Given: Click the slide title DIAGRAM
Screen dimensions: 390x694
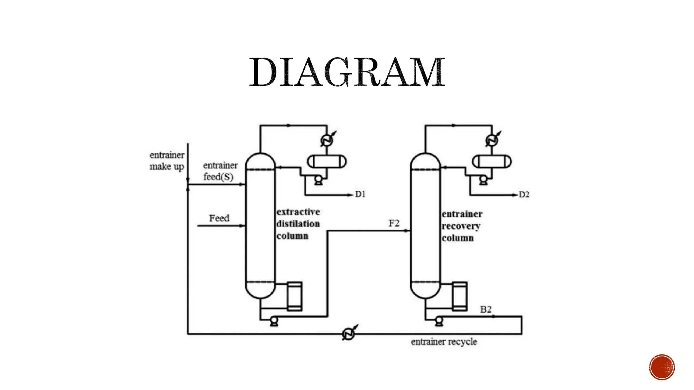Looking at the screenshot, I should tap(347, 72).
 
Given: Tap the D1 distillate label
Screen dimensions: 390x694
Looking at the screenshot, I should tap(360, 194).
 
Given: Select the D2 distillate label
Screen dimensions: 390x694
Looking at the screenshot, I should tap(524, 195).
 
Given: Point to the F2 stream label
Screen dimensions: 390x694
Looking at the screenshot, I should tap(394, 223).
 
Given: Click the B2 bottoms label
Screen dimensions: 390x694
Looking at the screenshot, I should tap(486, 309).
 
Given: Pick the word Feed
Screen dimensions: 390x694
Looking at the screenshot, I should tap(219, 218).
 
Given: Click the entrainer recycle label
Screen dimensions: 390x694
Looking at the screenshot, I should tap(444, 342).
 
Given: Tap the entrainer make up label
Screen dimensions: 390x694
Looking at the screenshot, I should tap(167, 161).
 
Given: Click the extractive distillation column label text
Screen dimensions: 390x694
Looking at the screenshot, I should tap(298, 224).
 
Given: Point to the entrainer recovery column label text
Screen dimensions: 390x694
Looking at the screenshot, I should tap(462, 226).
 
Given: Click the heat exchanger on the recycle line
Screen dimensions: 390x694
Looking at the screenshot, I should tap(348, 334).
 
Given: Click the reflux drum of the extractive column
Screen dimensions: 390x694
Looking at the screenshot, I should tap(327, 161).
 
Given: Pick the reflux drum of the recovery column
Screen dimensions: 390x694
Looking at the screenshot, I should tap(492, 161).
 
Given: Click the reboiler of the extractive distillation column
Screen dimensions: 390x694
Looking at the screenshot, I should tap(294, 296).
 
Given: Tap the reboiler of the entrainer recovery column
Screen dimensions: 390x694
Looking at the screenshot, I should tap(460, 296).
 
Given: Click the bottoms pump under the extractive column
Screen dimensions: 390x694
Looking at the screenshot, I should tap(274, 320).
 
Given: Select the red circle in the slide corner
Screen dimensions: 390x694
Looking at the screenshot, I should tap(662, 367).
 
